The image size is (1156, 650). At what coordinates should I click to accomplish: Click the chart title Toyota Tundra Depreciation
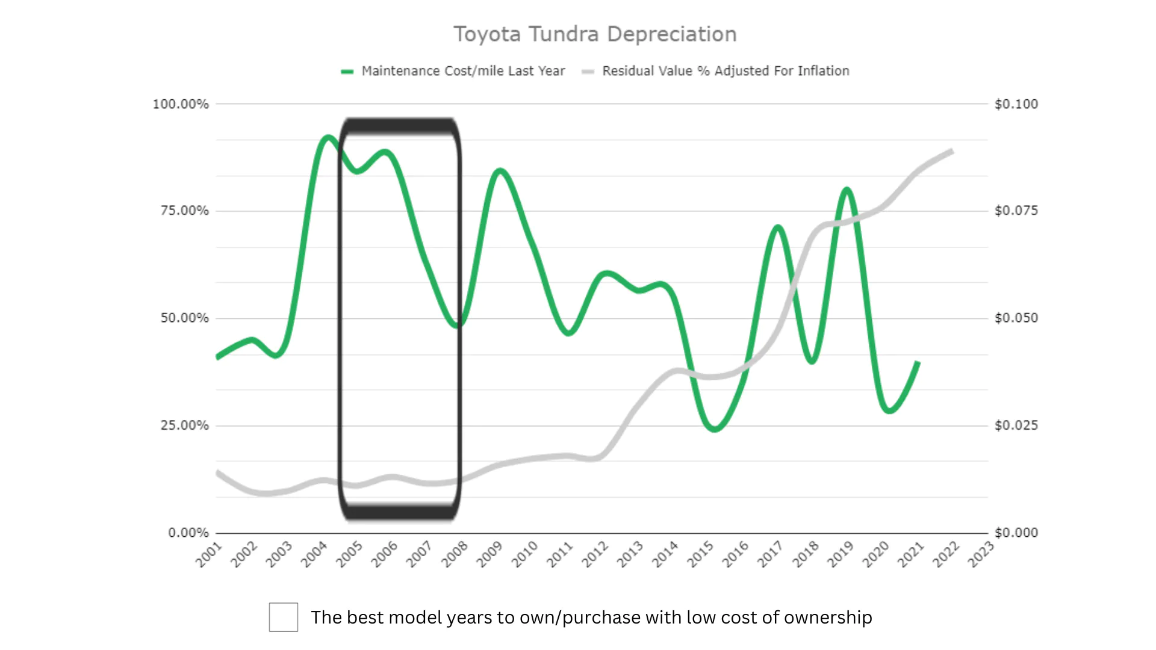595,34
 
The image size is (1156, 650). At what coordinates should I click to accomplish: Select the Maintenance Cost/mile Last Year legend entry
462,71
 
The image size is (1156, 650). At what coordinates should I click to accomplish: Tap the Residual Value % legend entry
725,71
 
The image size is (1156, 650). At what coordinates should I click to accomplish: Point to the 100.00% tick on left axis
181,104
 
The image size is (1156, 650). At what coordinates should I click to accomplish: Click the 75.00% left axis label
184,211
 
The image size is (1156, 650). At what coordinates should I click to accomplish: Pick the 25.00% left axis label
184,426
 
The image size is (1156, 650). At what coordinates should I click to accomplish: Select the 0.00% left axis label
188,533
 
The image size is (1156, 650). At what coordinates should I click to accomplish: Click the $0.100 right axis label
1016,104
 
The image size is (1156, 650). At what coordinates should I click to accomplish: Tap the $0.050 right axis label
1016,318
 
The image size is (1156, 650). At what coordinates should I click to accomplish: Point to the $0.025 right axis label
1016,426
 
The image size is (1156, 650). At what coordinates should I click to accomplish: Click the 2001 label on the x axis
209,554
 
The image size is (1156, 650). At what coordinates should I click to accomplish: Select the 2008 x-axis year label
455,554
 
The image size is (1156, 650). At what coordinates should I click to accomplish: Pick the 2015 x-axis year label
700,554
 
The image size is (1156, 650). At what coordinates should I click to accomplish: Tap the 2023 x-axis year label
981,554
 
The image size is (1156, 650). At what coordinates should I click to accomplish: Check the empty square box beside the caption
284,617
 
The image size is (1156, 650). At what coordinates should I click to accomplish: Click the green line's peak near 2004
328,138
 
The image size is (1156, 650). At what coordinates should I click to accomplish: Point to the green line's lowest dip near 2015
715,430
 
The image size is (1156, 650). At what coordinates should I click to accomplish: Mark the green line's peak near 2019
847,190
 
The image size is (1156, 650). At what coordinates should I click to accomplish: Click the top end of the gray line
952,151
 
